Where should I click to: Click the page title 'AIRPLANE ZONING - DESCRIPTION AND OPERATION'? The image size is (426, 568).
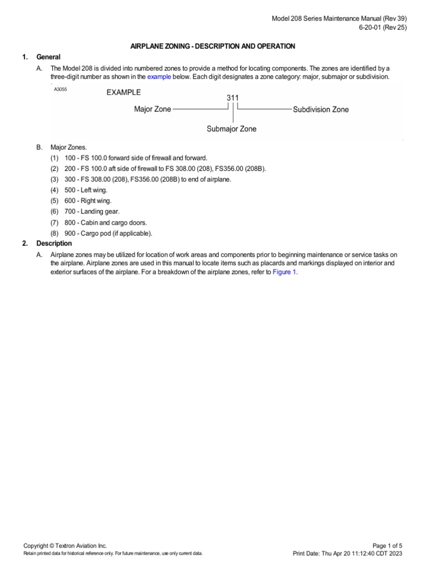(x=212, y=46)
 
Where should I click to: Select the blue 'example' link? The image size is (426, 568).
(x=159, y=77)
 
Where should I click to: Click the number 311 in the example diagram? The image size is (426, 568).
(x=233, y=98)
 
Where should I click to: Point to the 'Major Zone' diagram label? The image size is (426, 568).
(x=153, y=109)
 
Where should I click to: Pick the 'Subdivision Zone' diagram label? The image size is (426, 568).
(x=321, y=109)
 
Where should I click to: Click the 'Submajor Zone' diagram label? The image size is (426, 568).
(x=231, y=129)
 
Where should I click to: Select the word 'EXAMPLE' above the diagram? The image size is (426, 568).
(x=124, y=93)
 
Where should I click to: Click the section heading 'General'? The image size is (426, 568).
(x=48, y=57)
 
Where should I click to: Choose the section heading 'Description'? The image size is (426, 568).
(x=54, y=244)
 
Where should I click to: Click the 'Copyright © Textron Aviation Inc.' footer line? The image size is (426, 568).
(x=65, y=546)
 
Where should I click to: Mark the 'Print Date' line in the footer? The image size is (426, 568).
(x=347, y=554)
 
